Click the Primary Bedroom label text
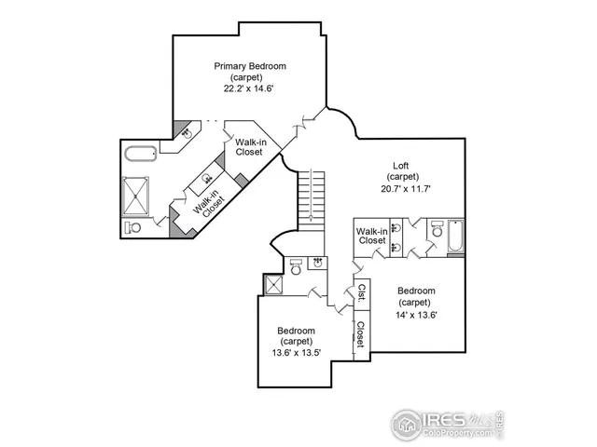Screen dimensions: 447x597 click(249, 66)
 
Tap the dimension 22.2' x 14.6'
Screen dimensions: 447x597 click(249, 88)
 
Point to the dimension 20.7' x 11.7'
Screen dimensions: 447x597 click(404, 188)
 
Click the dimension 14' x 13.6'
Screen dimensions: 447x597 click(413, 314)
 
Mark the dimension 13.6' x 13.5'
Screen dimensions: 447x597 click(296, 353)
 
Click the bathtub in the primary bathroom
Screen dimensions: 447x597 click(142, 155)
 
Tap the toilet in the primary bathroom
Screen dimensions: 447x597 click(133, 226)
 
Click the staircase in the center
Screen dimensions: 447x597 click(310, 196)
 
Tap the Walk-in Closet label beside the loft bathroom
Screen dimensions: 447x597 click(371, 236)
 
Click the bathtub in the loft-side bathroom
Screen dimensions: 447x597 click(454, 237)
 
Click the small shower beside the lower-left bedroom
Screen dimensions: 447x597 click(275, 284)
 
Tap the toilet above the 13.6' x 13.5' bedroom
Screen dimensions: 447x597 click(296, 268)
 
